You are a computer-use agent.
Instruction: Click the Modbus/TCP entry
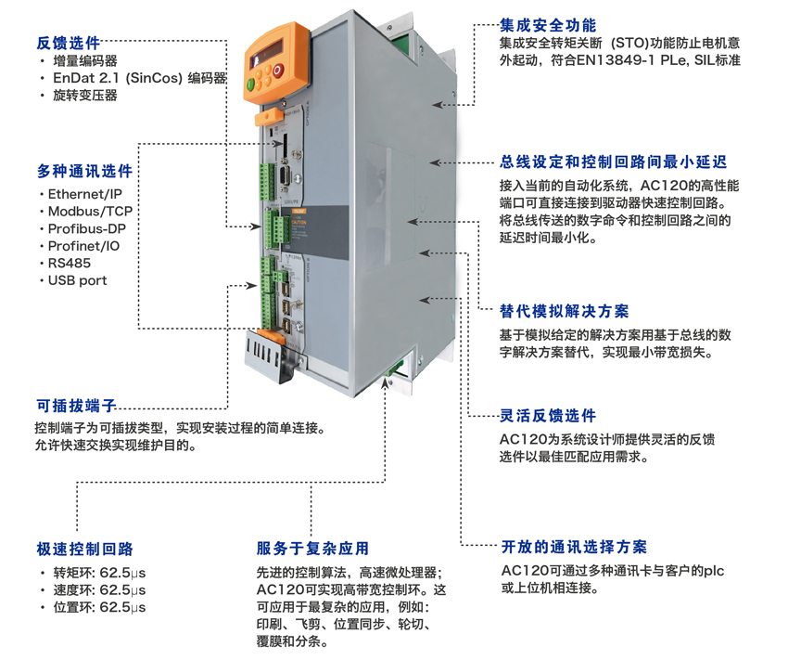[x=90, y=212]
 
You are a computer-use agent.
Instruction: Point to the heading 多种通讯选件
[x=84, y=172]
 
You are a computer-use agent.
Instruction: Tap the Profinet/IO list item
[x=83, y=246]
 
